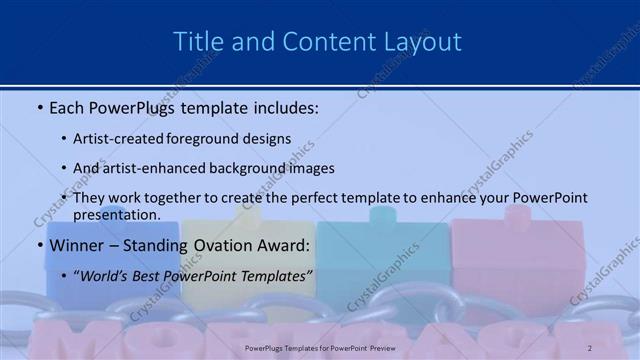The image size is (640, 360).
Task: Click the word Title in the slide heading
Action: pyautogui.click(x=195, y=42)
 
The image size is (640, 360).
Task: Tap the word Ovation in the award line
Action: pyautogui.click(x=233, y=245)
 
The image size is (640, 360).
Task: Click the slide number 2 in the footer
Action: pyautogui.click(x=589, y=347)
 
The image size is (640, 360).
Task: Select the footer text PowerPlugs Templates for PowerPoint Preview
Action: pyautogui.click(x=319, y=347)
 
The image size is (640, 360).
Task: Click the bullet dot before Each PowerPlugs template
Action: pyautogui.click(x=39, y=106)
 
